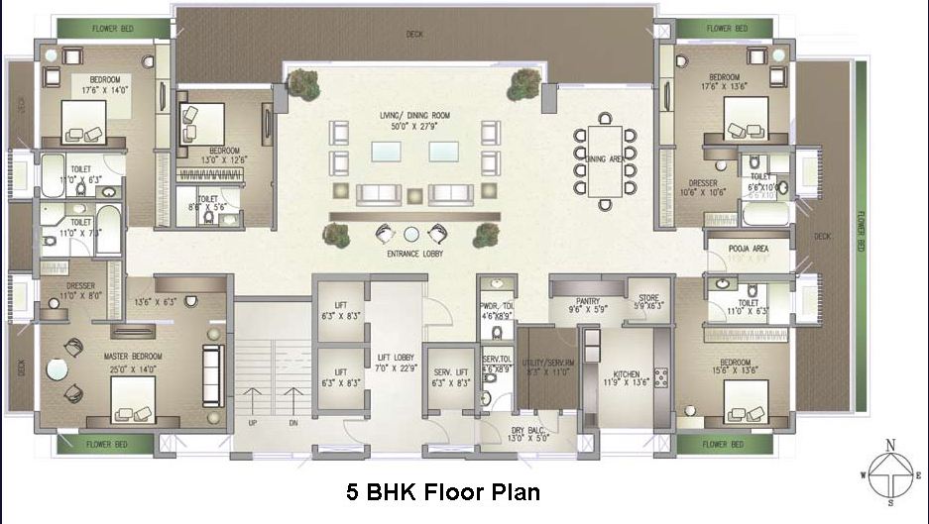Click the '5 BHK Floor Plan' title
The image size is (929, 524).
coord(442,490)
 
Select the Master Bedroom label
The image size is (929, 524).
coord(133,355)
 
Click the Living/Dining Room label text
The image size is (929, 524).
coord(414,116)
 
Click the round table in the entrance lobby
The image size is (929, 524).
coord(410,234)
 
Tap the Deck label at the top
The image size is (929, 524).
coord(413,35)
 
